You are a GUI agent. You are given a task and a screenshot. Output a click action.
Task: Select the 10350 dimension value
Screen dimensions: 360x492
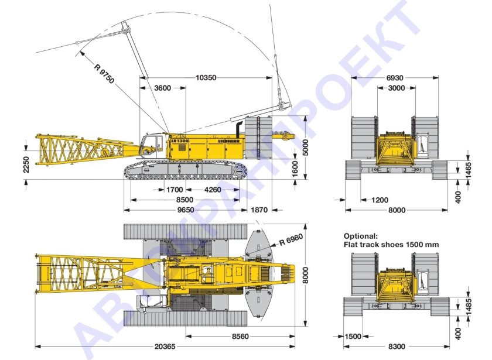point(207,77)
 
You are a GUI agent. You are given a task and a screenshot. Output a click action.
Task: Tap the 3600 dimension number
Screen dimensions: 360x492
point(162,88)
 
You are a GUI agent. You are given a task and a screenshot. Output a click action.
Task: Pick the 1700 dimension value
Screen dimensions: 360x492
point(175,190)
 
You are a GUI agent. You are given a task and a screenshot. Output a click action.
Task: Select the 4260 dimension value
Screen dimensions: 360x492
point(213,190)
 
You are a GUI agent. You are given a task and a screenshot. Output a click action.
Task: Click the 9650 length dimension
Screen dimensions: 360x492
point(186,210)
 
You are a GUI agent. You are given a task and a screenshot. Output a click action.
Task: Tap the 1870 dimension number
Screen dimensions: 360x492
point(258,210)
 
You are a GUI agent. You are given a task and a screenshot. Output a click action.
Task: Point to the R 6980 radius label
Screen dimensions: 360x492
point(291,240)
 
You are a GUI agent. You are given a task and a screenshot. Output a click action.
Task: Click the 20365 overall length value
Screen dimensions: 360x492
point(165,347)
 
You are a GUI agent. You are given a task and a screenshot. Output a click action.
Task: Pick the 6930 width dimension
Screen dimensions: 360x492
point(395,77)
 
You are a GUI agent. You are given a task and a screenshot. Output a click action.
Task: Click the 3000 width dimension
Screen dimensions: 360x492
point(396,88)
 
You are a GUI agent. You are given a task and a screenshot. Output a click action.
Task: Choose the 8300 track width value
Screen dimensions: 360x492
point(396,347)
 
